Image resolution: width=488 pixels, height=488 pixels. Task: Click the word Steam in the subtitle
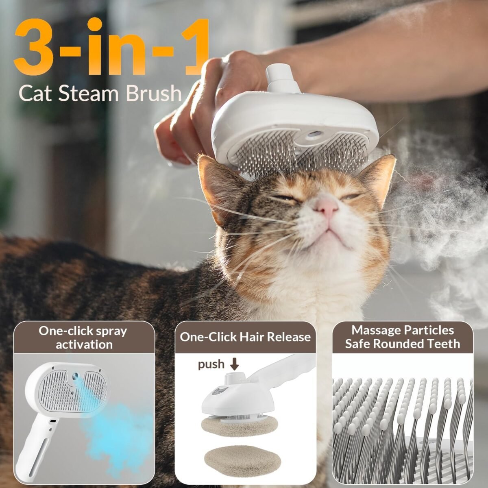(89, 93)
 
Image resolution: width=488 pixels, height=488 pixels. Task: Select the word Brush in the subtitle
(154, 93)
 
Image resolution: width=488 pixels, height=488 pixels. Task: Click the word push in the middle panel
(211, 365)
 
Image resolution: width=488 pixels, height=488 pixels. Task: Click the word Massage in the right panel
(376, 330)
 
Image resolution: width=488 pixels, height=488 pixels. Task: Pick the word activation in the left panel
(84, 345)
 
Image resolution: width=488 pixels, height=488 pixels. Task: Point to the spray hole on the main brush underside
(312, 135)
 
